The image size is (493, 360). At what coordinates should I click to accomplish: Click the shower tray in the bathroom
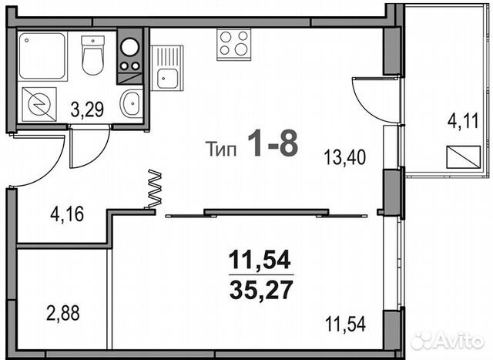point(42,55)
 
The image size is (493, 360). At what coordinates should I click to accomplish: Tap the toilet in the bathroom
point(92,56)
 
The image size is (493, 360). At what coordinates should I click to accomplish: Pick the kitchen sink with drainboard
point(166,67)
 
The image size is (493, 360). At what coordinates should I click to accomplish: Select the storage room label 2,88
point(61,314)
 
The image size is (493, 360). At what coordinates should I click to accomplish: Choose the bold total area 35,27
point(261,291)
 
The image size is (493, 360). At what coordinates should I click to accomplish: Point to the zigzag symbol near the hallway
point(154,189)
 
